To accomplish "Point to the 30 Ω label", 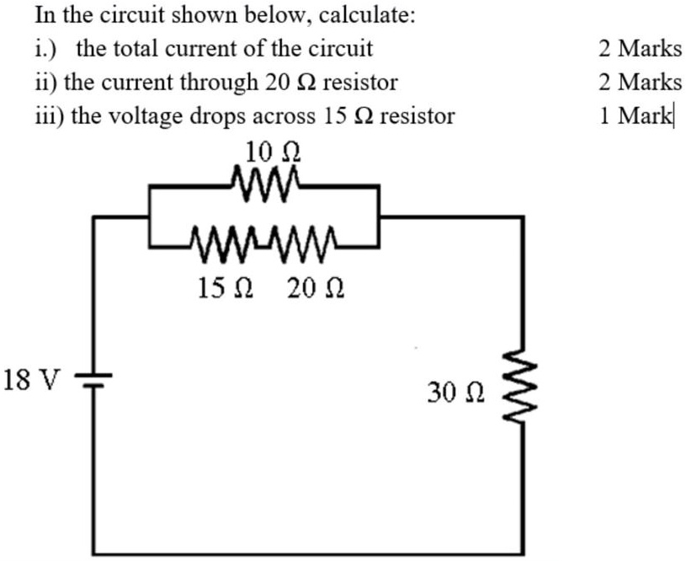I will point(455,393).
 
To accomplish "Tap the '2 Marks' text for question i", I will point(641,49).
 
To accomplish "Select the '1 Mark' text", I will point(637,115).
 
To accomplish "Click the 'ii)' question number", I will point(45,83).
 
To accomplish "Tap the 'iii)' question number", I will point(48,115).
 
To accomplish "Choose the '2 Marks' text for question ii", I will point(641,82).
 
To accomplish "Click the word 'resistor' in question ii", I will point(361,83).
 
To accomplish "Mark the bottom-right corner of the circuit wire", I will point(527,553).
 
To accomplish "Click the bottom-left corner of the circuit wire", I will point(93,553).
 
